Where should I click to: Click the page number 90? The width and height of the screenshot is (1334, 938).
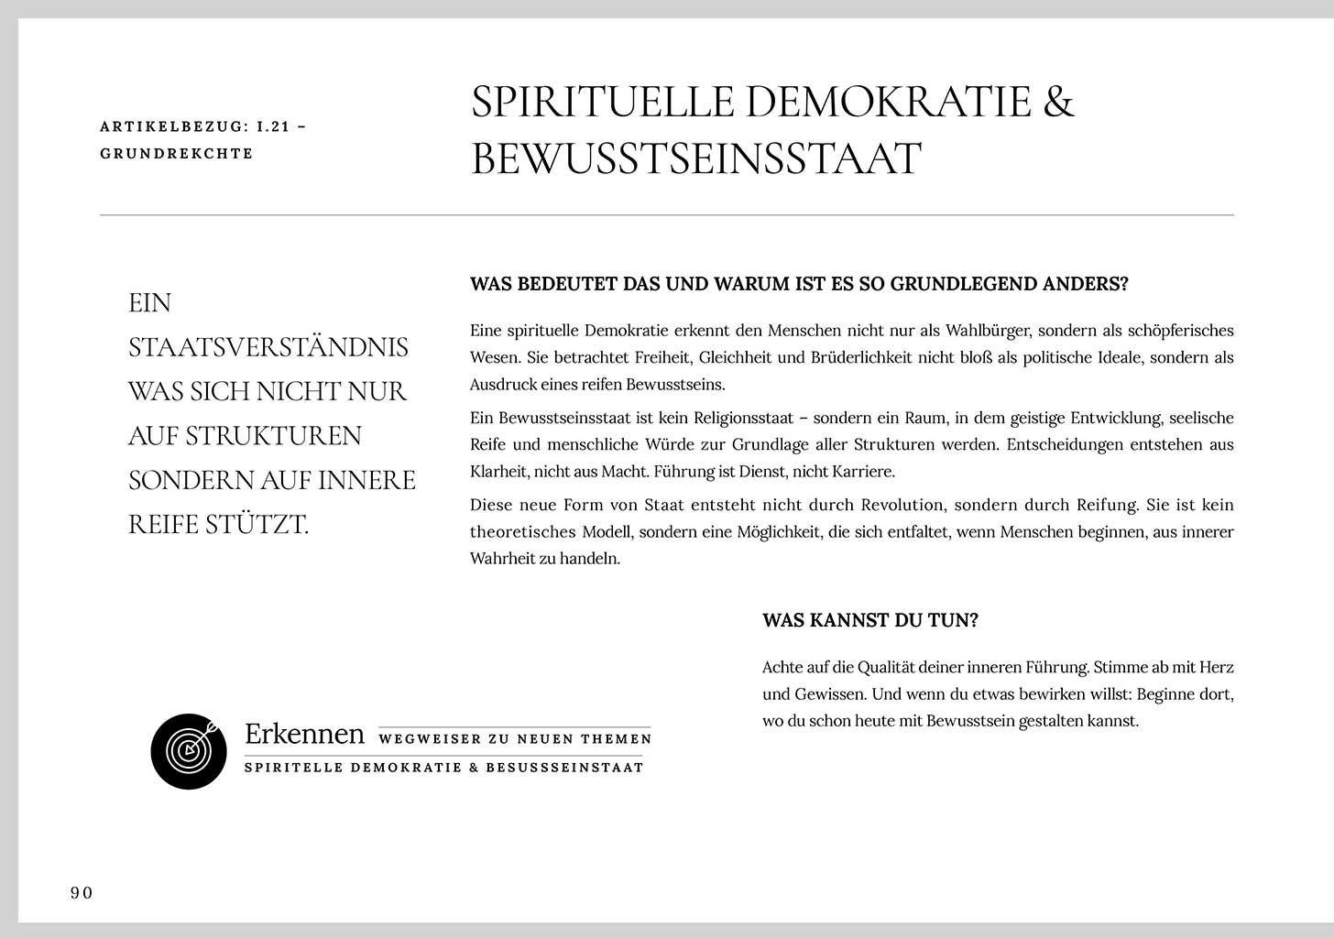[82, 893]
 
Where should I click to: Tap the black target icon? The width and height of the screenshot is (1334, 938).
[189, 751]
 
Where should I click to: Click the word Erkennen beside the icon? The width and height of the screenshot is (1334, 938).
[304, 734]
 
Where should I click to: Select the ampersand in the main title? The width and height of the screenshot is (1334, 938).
[1058, 101]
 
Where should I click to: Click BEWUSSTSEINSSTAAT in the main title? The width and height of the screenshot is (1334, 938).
[695, 158]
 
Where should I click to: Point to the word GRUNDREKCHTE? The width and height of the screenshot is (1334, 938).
[176, 153]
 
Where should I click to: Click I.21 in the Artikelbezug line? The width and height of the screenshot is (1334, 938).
[272, 126]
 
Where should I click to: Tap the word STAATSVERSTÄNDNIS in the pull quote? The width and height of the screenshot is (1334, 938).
[268, 347]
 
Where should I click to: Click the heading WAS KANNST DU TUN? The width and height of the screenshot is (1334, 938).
[869, 620]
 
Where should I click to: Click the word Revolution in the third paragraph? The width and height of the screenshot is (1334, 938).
[902, 505]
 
